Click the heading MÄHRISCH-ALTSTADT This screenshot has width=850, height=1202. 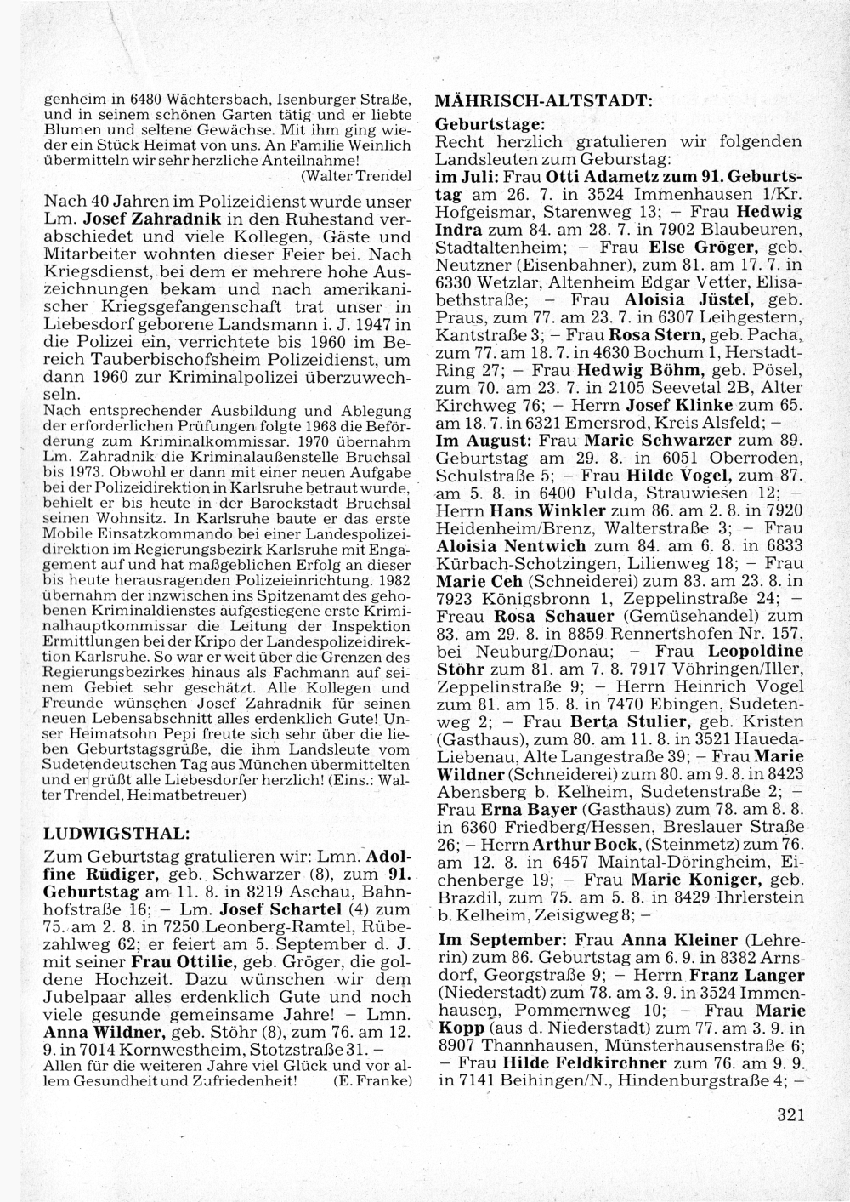click(x=543, y=100)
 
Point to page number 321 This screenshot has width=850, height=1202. click(x=790, y=1115)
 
